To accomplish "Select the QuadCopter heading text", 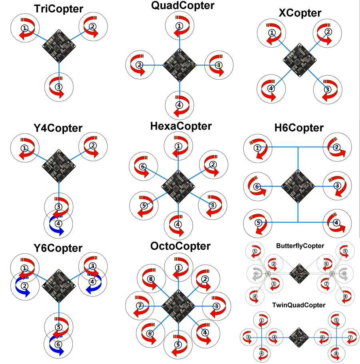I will pos(177,6).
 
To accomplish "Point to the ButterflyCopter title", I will pos(300,245).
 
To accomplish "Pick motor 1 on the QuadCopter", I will pos(179,26).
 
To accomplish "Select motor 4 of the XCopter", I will pos(271,88).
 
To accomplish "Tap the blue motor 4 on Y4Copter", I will pos(58,223).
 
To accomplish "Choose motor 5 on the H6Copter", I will pos(258,222).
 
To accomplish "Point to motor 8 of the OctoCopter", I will pos(150,279).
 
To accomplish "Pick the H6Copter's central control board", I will pos(298,186).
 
